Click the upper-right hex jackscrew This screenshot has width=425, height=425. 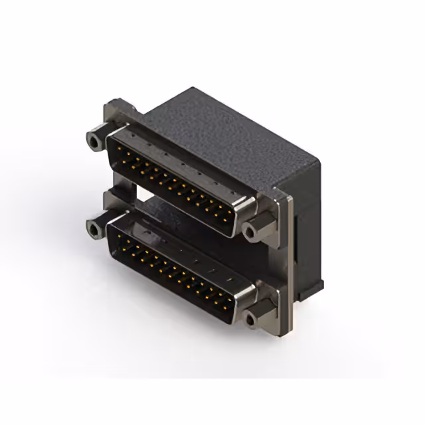tap(254, 230)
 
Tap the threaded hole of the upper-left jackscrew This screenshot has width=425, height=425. tap(92, 140)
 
